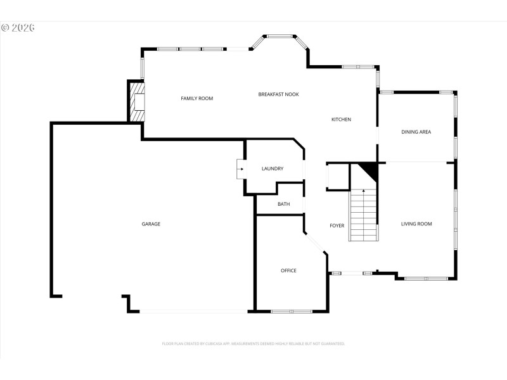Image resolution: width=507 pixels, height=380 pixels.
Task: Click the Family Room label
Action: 196,98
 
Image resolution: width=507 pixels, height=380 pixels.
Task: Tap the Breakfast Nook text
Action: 278,94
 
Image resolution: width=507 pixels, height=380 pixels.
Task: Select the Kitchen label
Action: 341,119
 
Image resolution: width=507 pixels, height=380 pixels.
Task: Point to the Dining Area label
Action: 416,132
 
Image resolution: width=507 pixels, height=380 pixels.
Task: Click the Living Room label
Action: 416,224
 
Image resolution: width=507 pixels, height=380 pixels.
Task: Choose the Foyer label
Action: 337,225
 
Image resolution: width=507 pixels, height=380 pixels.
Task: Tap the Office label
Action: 288,270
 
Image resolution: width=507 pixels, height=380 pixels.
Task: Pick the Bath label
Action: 283,204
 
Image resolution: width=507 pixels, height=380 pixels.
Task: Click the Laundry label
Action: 273,168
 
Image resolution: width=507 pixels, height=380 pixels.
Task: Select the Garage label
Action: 151,224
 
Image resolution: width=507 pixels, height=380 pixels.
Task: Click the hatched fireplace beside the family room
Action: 137,101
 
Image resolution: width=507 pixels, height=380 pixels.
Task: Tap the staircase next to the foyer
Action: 363,215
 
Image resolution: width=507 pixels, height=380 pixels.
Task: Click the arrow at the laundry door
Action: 241,169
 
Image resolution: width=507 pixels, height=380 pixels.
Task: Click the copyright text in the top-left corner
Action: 18,28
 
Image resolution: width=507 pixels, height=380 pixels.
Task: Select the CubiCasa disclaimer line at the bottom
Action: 253,343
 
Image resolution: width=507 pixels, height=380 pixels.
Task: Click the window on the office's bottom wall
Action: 292,311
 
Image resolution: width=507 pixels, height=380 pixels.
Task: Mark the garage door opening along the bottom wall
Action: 193,311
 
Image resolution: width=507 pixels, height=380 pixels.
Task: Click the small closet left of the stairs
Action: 338,177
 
